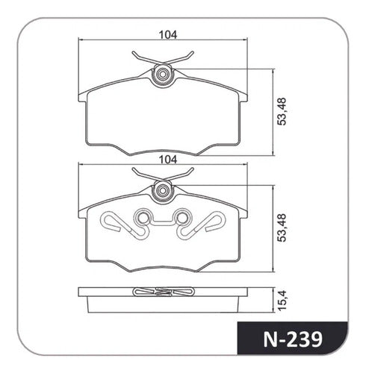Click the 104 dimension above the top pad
168,35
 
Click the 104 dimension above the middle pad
168,160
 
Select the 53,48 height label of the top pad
282,112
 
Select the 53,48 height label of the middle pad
282,228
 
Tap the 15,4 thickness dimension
282,300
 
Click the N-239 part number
293,339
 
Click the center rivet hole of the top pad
163,75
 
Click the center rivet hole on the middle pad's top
163,191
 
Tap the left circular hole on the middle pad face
143,218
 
